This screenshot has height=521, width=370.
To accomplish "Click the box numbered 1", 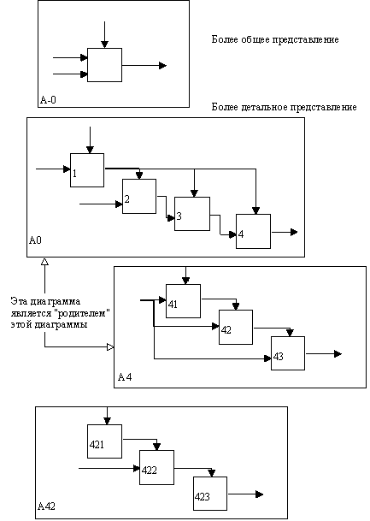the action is pos(87,170).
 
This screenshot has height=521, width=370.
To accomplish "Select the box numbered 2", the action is pos(139,197).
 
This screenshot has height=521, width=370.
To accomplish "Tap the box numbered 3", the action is pos(192,214).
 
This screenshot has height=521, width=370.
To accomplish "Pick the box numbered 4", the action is pos(253,231).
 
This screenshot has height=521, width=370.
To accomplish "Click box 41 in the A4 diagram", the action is pos(183,301).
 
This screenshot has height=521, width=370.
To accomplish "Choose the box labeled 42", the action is pos(236,327).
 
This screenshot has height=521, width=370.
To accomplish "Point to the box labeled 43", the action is pos(288,353).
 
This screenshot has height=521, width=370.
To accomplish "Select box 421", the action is pos(104,441).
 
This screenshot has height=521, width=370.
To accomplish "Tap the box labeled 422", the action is pos(156,467).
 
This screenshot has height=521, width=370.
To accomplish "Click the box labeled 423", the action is pos(210,494).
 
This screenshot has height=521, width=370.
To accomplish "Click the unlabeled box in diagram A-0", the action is pos(104,65).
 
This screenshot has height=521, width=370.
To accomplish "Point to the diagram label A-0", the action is pos(48,100).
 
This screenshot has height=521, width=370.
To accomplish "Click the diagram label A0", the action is pos(35,240).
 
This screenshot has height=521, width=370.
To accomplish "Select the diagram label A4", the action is pos(125,377).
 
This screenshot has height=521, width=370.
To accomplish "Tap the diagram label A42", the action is pos(46,506).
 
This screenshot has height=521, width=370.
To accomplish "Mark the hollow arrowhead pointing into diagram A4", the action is pos(110,347).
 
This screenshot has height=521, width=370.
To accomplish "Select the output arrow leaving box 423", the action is pos(245,494).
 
